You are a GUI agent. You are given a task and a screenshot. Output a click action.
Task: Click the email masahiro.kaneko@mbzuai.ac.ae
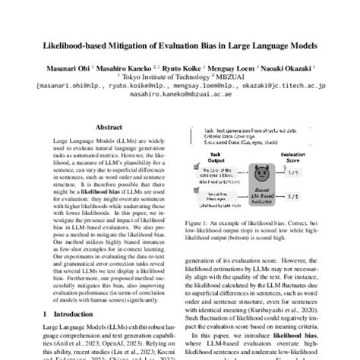click(180, 96)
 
